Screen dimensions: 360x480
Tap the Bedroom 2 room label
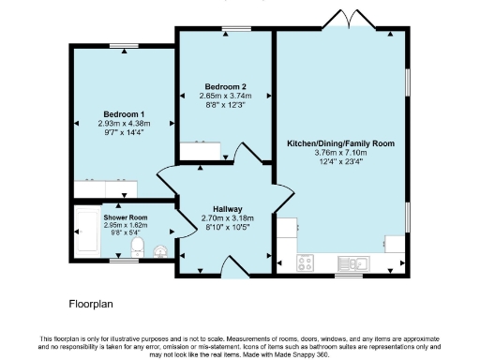225,87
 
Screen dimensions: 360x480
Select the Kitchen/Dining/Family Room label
340,143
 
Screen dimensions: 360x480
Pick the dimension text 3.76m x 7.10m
340,152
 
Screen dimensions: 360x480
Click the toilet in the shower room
137,247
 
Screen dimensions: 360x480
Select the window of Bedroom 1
122,46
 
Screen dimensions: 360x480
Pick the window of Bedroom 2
224,29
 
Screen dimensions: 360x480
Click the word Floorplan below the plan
91,304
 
